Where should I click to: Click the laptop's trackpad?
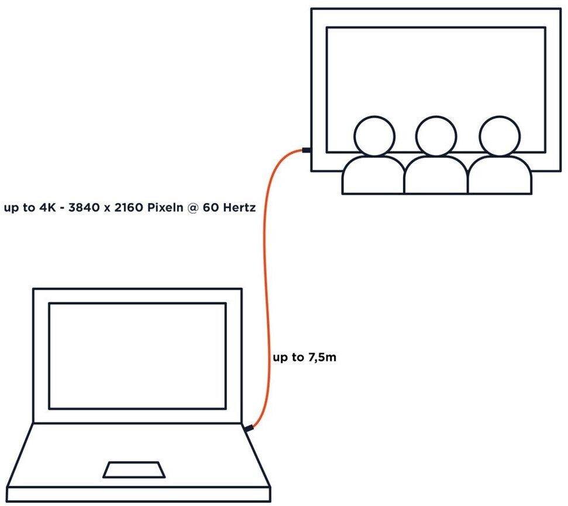click(133, 470)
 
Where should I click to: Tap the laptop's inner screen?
click(137, 356)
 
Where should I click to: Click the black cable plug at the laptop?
click(249, 429)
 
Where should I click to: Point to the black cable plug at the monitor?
click(306, 150)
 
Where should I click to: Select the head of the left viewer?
click(374, 136)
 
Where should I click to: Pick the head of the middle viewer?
click(436, 136)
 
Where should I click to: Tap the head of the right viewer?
click(499, 136)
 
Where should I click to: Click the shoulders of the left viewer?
click(373, 175)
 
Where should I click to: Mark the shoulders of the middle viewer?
click(436, 175)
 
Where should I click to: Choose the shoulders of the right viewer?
click(500, 175)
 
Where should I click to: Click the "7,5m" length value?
click(322, 357)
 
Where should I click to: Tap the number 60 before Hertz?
click(211, 208)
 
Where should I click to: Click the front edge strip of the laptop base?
click(139, 494)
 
